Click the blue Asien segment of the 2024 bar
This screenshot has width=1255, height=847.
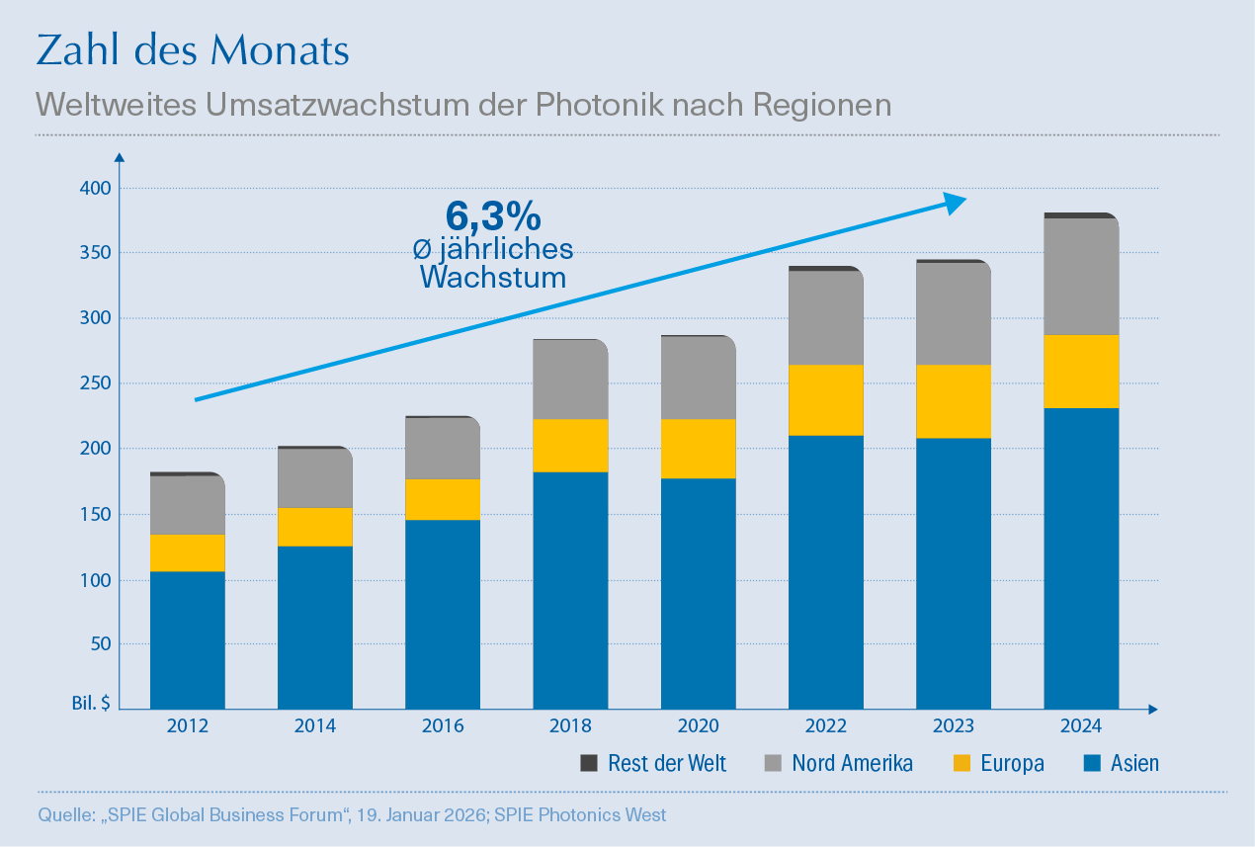click(x=1081, y=558)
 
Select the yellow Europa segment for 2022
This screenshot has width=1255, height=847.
click(x=826, y=400)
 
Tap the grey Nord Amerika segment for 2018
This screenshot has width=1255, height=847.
click(x=570, y=380)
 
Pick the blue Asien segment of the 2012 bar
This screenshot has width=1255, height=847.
click(x=188, y=640)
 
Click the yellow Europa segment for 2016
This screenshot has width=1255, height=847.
click(x=443, y=499)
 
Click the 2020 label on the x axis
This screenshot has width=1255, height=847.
click(x=699, y=726)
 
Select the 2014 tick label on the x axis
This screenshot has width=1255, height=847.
click(x=315, y=726)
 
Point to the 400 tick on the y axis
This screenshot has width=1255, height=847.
click(x=95, y=188)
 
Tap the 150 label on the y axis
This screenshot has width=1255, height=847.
click(x=95, y=514)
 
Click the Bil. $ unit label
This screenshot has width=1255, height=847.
click(x=90, y=704)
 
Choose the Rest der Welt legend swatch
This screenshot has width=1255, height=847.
click(x=589, y=763)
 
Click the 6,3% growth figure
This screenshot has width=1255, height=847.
click(x=492, y=216)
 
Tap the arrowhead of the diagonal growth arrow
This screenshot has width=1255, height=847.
click(x=954, y=203)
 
